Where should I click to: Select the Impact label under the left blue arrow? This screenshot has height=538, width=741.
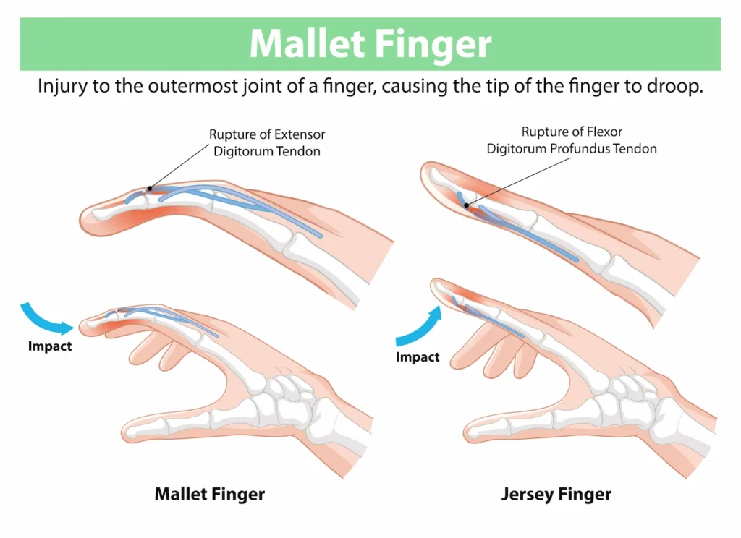tap(50, 346)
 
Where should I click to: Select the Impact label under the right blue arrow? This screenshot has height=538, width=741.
tap(418, 357)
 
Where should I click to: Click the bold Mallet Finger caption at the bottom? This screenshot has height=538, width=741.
tap(210, 495)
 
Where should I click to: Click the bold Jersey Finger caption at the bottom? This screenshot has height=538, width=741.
tap(556, 495)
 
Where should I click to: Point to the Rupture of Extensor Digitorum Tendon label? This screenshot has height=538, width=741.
tap(267, 142)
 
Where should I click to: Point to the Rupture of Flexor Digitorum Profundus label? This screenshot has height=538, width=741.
tap(572, 140)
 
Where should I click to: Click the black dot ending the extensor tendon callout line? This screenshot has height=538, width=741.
tap(149, 189)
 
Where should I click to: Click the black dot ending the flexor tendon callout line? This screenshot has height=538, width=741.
tap(467, 205)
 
